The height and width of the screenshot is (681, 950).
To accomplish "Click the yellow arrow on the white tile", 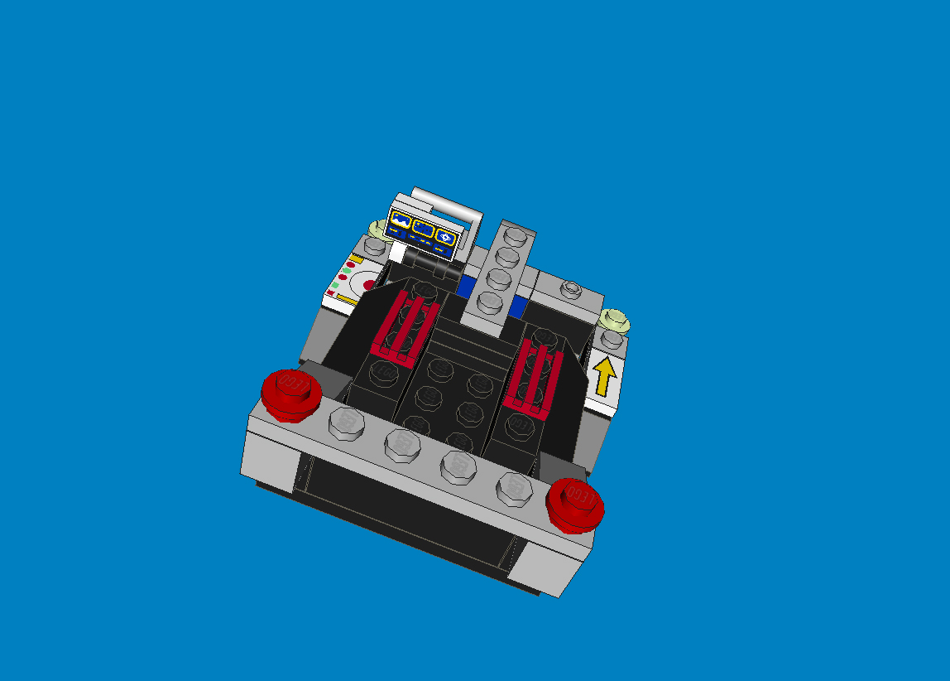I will [x=605, y=377].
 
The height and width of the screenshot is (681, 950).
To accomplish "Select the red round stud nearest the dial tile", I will [x=291, y=393].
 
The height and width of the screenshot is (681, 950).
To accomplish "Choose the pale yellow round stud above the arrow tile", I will [x=614, y=318].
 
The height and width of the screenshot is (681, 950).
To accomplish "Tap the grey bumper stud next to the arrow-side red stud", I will [x=514, y=488].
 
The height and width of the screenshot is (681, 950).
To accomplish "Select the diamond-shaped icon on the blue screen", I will [x=445, y=238].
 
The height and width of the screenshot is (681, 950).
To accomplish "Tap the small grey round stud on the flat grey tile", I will [x=570, y=289].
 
